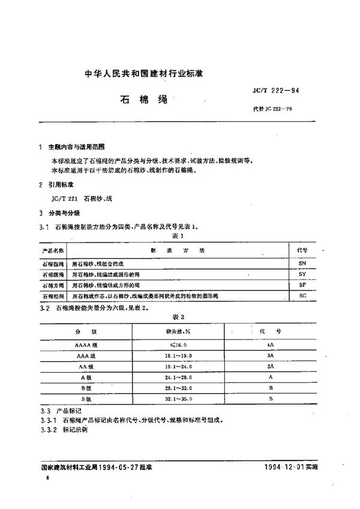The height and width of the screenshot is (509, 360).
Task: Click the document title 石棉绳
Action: (x=139, y=99)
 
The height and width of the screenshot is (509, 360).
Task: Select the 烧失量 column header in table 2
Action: (x=172, y=331)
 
